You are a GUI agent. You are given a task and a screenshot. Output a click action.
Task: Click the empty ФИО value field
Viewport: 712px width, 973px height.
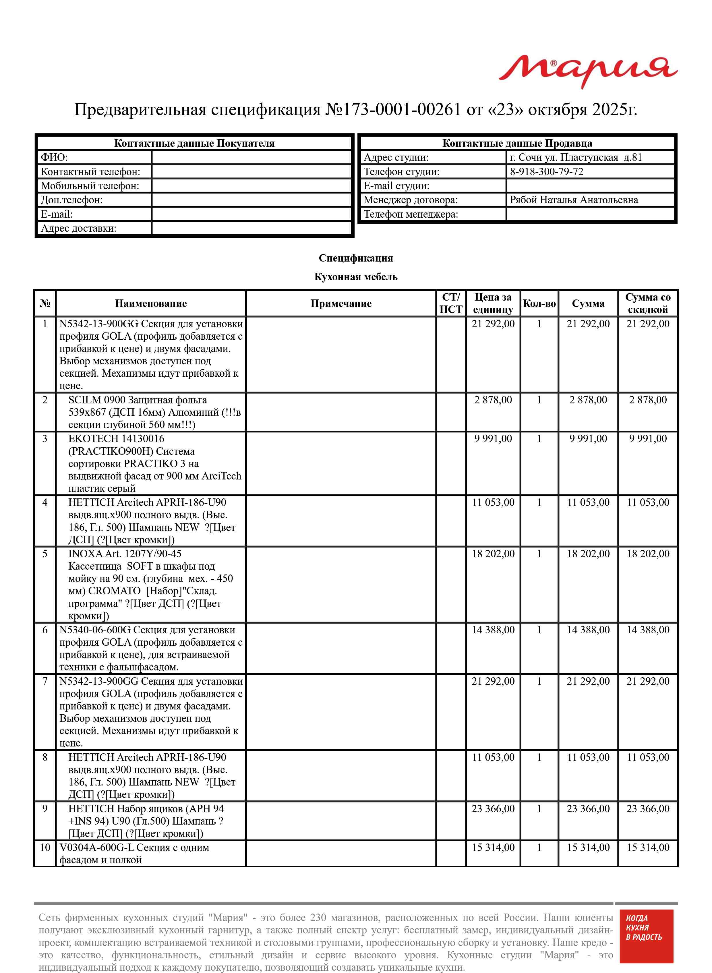[x=252, y=158]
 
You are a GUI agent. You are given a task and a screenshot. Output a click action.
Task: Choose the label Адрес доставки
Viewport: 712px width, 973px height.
[x=78, y=228]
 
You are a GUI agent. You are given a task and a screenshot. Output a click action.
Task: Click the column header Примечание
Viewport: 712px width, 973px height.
[x=340, y=303]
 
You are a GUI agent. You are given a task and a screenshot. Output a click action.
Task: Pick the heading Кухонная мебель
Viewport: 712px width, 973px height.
[x=355, y=277]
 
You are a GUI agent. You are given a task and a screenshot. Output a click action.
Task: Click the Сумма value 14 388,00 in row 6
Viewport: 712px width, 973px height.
[x=588, y=630]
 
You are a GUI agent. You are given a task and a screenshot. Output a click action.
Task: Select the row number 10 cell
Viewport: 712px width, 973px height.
[x=45, y=848]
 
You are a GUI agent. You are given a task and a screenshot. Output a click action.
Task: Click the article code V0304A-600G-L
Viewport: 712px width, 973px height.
[x=96, y=848]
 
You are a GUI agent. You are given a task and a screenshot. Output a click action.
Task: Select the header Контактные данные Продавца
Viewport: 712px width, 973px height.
[x=517, y=144]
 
